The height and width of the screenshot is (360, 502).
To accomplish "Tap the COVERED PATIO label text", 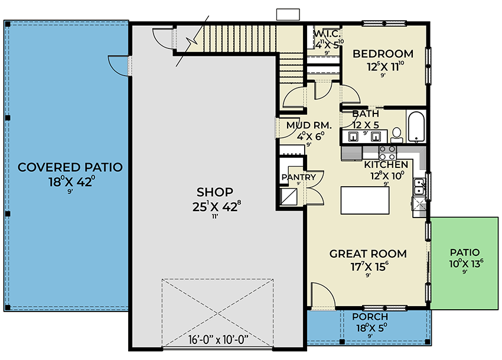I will pos(70,167).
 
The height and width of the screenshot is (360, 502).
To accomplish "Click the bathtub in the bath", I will pos(417,127).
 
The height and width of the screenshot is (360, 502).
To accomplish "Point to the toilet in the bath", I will pos(397,134).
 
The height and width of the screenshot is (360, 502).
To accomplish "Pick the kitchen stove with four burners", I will pos(387,153).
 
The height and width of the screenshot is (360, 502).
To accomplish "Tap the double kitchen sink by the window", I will pos(419,187).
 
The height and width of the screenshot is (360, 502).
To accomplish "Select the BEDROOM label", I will pos(383,54).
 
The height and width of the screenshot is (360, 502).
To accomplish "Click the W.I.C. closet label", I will pos(325,34).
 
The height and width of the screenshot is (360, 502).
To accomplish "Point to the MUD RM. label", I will pos(309,125).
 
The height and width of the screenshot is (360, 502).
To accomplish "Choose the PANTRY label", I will pos(299,177).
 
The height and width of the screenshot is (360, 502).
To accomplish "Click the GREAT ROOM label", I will pos(368,254).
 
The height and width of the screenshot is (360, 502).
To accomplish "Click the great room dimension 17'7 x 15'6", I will pos(368,267).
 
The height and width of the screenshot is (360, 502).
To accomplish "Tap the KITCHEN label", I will pos(385,164).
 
